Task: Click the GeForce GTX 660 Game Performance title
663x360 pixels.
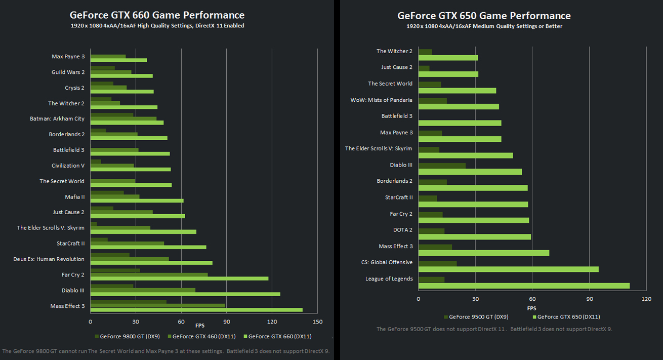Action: tap(157, 15)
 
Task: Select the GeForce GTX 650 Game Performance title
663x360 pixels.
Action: tap(484, 16)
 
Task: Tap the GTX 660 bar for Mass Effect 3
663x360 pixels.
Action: tap(196, 310)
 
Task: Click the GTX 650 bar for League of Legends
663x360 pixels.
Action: tap(524, 286)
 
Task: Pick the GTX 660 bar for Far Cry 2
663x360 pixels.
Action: tap(179, 278)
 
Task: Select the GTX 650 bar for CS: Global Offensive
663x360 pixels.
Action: tap(508, 269)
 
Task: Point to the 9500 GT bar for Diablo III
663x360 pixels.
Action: tap(442, 166)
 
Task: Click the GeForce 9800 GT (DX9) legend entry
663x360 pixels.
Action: tap(127, 336)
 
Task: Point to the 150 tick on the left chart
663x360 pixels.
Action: tap(317, 322)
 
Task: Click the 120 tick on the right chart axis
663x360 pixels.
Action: tap(646, 299)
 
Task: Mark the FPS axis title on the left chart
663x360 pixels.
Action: tap(200, 325)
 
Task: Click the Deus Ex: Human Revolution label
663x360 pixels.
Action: tap(49, 259)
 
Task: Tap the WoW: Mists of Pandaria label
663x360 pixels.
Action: tap(381, 100)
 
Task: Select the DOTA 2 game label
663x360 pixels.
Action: tap(402, 230)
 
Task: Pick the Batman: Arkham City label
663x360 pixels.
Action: tap(57, 119)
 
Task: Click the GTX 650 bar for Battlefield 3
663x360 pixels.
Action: tap(460, 123)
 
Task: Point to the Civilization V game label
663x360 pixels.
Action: tap(68, 166)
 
